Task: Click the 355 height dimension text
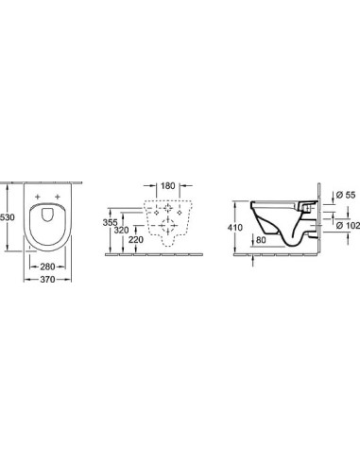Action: (x=111, y=223)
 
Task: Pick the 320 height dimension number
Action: (x=120, y=230)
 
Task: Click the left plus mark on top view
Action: (x=39, y=198)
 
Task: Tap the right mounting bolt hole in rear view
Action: (x=180, y=213)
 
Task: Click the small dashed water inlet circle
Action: (x=167, y=207)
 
